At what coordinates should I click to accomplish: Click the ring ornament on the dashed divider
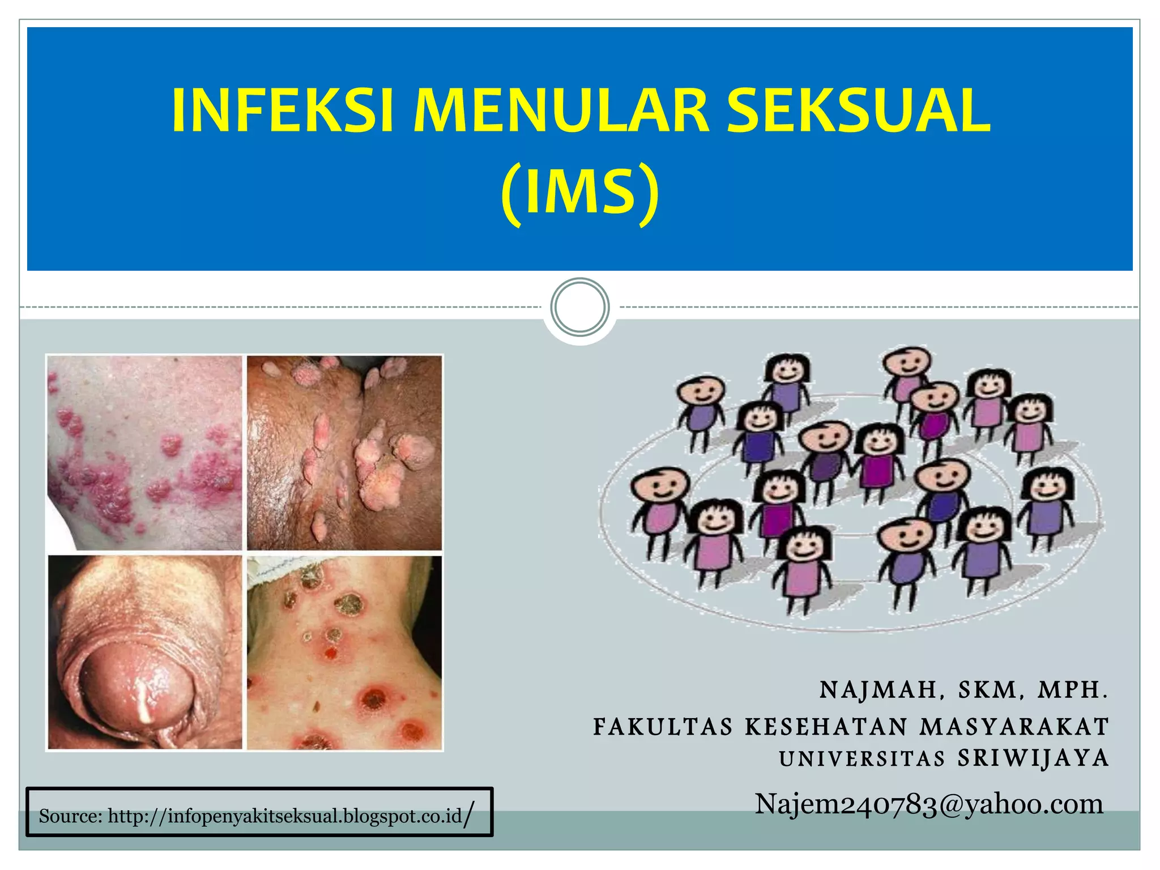point(580,307)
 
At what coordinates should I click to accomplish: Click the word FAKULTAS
point(663,727)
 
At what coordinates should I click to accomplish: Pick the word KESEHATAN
point(826,727)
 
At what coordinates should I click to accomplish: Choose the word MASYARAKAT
point(1014,727)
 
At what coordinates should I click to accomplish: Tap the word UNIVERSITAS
point(862,759)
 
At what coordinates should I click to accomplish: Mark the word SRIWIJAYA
point(1033,759)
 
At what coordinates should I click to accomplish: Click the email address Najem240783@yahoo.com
point(929,804)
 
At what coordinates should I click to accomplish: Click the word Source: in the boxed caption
point(71,817)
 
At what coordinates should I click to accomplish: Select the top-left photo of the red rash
point(145,453)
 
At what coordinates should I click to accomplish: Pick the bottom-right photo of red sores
point(344,652)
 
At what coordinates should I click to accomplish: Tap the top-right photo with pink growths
point(344,453)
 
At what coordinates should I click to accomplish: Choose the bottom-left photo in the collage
point(145,652)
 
